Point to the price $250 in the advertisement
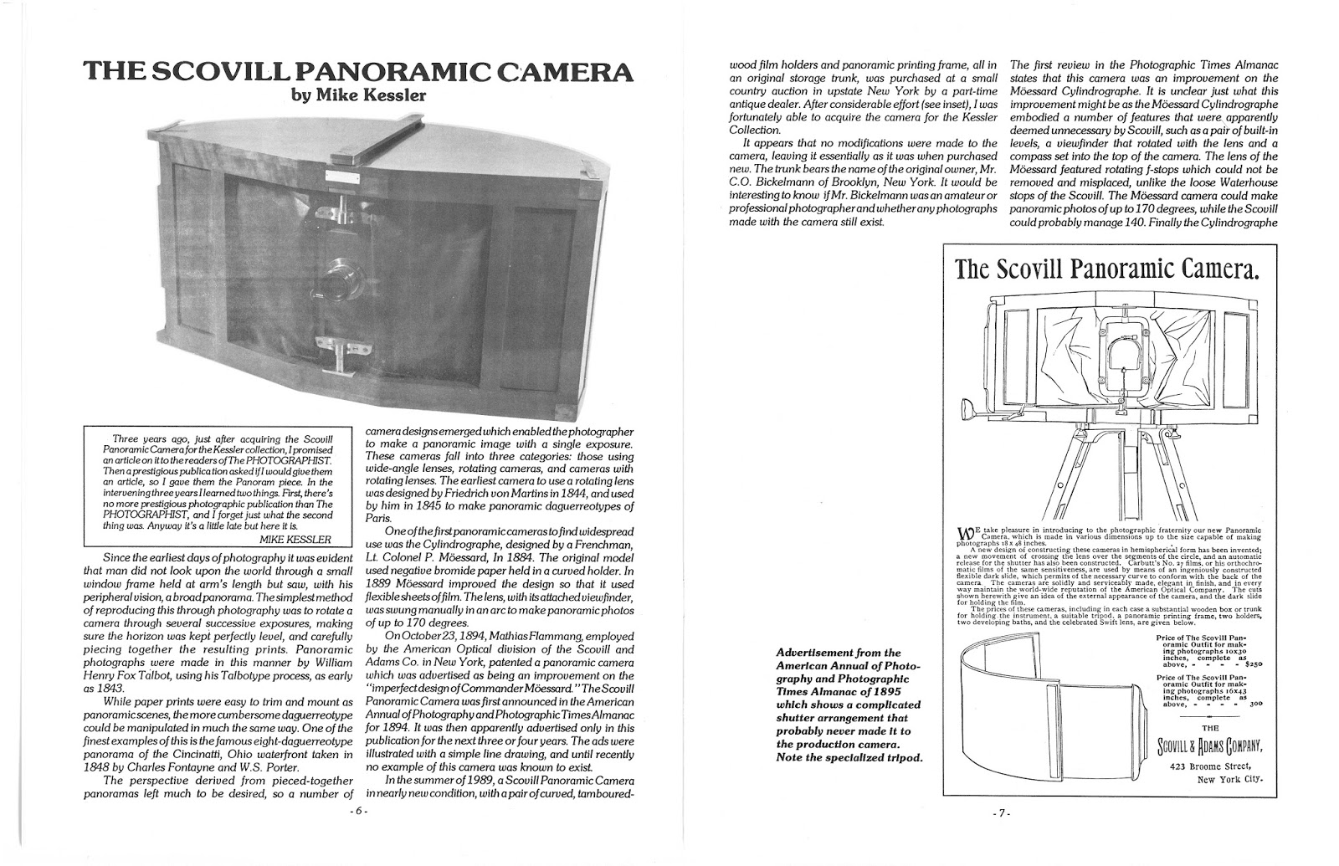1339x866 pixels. [1249, 664]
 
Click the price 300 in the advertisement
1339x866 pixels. [1255, 705]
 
